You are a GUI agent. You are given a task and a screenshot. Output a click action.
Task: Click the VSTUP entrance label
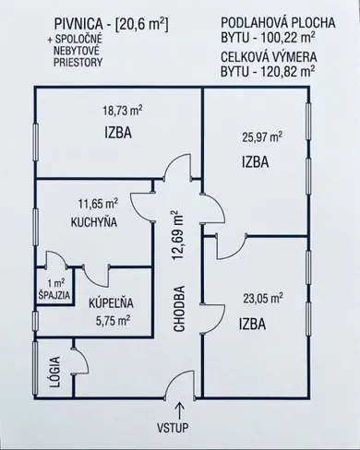pyautogui.click(x=173, y=428)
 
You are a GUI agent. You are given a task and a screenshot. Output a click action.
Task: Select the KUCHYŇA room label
pyautogui.click(x=94, y=222)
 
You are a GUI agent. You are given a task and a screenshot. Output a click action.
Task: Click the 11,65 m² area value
pyautogui.click(x=99, y=204)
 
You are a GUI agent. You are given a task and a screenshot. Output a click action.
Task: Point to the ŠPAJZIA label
pyautogui.click(x=54, y=296)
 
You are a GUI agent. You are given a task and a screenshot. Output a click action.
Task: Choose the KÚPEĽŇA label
pyautogui.click(x=111, y=303)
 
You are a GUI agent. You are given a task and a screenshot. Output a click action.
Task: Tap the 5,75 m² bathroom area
pyautogui.click(x=113, y=321)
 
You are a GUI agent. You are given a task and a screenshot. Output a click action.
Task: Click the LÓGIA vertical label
pyautogui.click(x=55, y=372)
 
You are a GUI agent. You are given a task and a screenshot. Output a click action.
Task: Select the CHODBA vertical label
pyautogui.click(x=179, y=309)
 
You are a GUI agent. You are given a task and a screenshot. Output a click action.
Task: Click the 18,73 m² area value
pyautogui.click(x=123, y=111)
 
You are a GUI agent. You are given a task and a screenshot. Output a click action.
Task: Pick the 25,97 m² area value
pyautogui.click(x=262, y=137)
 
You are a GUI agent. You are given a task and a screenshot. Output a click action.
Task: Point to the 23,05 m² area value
pyautogui.click(x=263, y=298)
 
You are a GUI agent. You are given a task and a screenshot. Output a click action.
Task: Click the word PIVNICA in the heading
pyautogui.click(x=78, y=24)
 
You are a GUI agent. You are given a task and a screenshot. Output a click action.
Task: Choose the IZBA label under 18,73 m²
pyautogui.click(x=118, y=133)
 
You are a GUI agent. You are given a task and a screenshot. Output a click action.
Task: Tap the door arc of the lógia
pyautogui.click(x=86, y=357)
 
